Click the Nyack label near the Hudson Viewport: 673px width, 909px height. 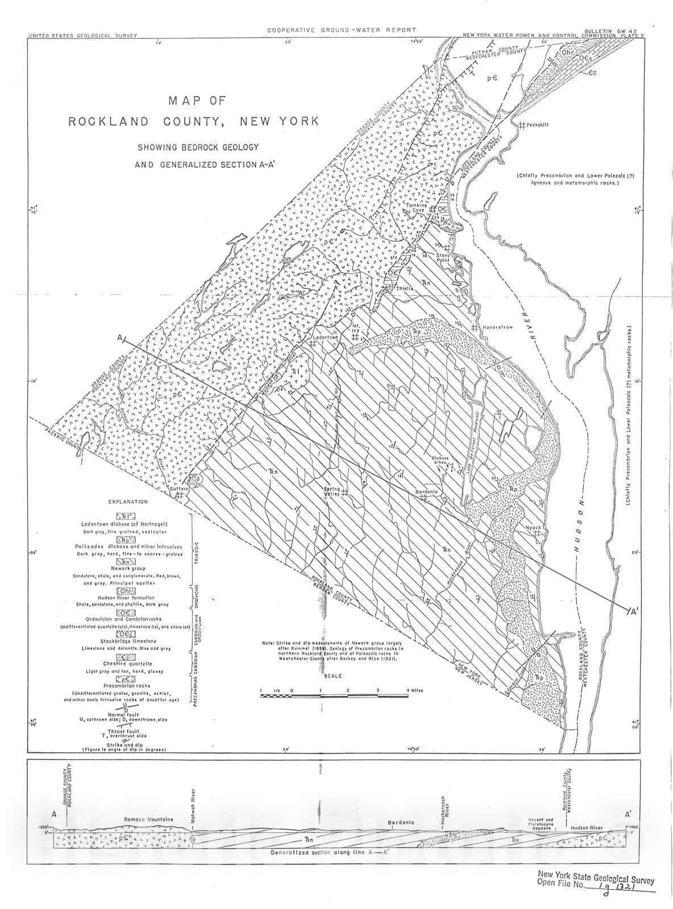(x=533, y=527)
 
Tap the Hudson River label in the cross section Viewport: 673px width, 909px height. (x=586, y=828)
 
